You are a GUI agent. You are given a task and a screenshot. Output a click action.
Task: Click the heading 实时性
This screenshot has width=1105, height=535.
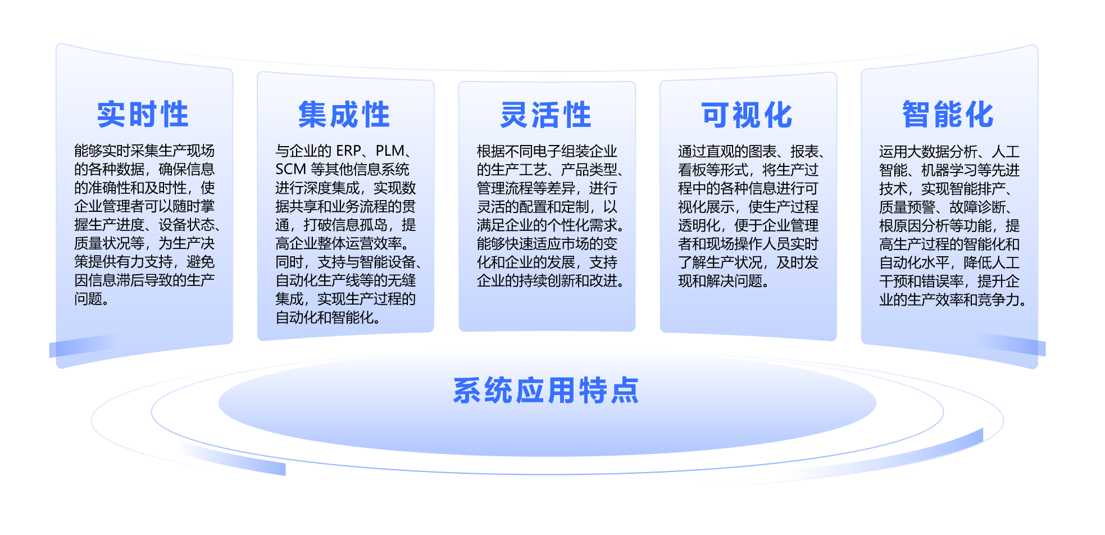point(143,115)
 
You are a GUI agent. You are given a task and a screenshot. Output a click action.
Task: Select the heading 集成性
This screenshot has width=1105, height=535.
point(344,115)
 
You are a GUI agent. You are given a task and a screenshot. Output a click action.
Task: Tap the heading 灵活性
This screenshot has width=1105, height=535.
point(545,115)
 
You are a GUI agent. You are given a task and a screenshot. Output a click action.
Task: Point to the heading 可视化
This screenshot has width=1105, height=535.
point(747,115)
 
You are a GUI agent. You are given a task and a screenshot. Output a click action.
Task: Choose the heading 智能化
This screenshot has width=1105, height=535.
point(948,115)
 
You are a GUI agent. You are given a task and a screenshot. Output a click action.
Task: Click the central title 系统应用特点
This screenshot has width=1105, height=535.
point(546,391)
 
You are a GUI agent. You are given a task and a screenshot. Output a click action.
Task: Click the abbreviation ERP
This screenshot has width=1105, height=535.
point(348,151)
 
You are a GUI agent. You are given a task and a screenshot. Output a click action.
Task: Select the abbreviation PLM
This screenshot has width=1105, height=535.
point(390,151)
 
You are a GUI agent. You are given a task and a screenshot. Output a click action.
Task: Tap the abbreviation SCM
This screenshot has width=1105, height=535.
point(290,169)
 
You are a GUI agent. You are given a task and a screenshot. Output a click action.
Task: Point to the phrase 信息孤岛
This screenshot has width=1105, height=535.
point(360,225)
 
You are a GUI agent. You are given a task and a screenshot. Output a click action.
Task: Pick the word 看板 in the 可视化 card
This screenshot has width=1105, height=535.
point(692,170)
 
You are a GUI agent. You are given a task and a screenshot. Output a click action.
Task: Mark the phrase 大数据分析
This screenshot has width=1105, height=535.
point(942,151)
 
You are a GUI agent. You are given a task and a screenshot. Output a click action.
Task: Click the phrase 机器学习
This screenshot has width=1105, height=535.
point(949,170)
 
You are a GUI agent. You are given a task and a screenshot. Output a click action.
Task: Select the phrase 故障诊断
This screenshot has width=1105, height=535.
point(977,207)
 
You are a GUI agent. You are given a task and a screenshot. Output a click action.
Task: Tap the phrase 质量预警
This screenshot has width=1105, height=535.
point(907,207)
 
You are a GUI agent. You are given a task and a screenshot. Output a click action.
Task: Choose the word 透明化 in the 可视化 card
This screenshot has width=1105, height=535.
point(699,225)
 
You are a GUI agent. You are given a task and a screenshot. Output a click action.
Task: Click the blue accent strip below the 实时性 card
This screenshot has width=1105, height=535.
point(84,345)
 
